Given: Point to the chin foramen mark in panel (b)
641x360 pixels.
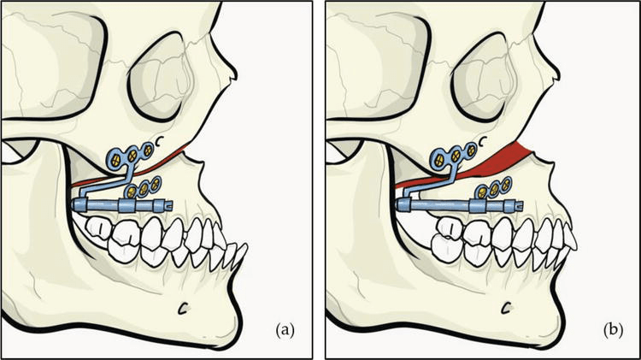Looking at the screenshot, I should (x=508, y=304).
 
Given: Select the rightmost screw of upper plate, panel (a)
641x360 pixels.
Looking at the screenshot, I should (x=148, y=150).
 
